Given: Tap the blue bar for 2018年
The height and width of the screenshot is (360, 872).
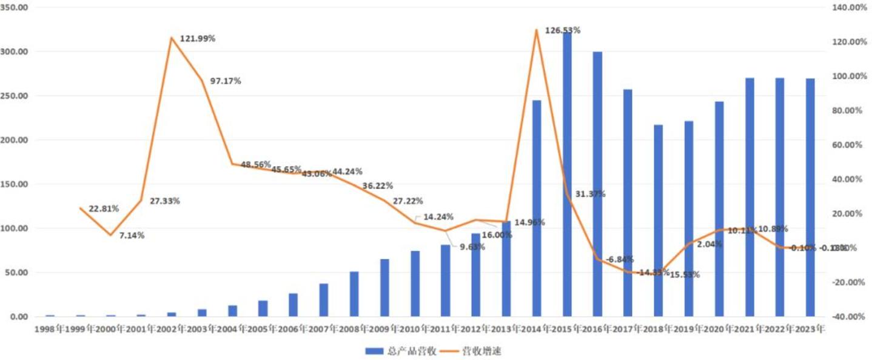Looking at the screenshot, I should [659, 221].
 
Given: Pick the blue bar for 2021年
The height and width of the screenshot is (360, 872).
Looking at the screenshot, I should [750, 197].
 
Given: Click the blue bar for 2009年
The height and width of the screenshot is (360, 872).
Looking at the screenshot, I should [384, 287].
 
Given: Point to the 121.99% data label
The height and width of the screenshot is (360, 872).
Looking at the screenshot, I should [198, 39].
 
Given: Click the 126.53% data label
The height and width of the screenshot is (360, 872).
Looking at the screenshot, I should [563, 30].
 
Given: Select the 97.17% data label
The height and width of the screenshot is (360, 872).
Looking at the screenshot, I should [226, 81].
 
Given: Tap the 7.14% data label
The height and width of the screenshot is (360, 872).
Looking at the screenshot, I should [132, 236].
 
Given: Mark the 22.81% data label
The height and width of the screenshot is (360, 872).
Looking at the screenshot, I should [104, 209].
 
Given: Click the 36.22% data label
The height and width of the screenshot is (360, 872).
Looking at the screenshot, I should [378, 185].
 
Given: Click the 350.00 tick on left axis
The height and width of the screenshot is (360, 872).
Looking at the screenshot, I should [16, 7].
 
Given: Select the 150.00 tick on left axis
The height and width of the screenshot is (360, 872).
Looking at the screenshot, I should [16, 184].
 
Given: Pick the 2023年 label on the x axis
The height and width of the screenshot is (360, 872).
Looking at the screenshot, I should [810, 330].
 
